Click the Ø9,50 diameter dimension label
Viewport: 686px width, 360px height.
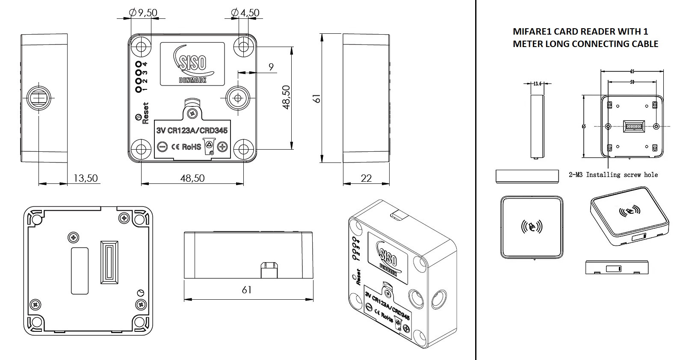click(143, 13)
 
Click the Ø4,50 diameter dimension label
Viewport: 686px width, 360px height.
click(245, 13)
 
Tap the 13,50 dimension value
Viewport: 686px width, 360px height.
click(86, 178)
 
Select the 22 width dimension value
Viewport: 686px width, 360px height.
click(366, 178)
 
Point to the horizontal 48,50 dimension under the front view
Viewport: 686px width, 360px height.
click(192, 178)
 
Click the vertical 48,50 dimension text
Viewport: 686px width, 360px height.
click(286, 97)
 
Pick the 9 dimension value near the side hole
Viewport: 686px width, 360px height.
click(271, 67)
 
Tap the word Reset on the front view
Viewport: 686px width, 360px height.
click(145, 113)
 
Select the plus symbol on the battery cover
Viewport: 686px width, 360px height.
click(222, 147)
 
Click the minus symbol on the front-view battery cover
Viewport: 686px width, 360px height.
click(162, 147)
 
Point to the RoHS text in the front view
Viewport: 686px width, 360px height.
click(191, 147)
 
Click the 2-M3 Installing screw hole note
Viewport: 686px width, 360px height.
click(613, 174)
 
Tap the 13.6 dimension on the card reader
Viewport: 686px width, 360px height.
click(538, 84)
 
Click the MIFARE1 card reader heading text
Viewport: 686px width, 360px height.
click(585, 38)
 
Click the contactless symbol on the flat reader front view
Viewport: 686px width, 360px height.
click(532, 226)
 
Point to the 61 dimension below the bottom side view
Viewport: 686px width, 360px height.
click(247, 290)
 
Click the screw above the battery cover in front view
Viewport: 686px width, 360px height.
click(193, 113)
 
